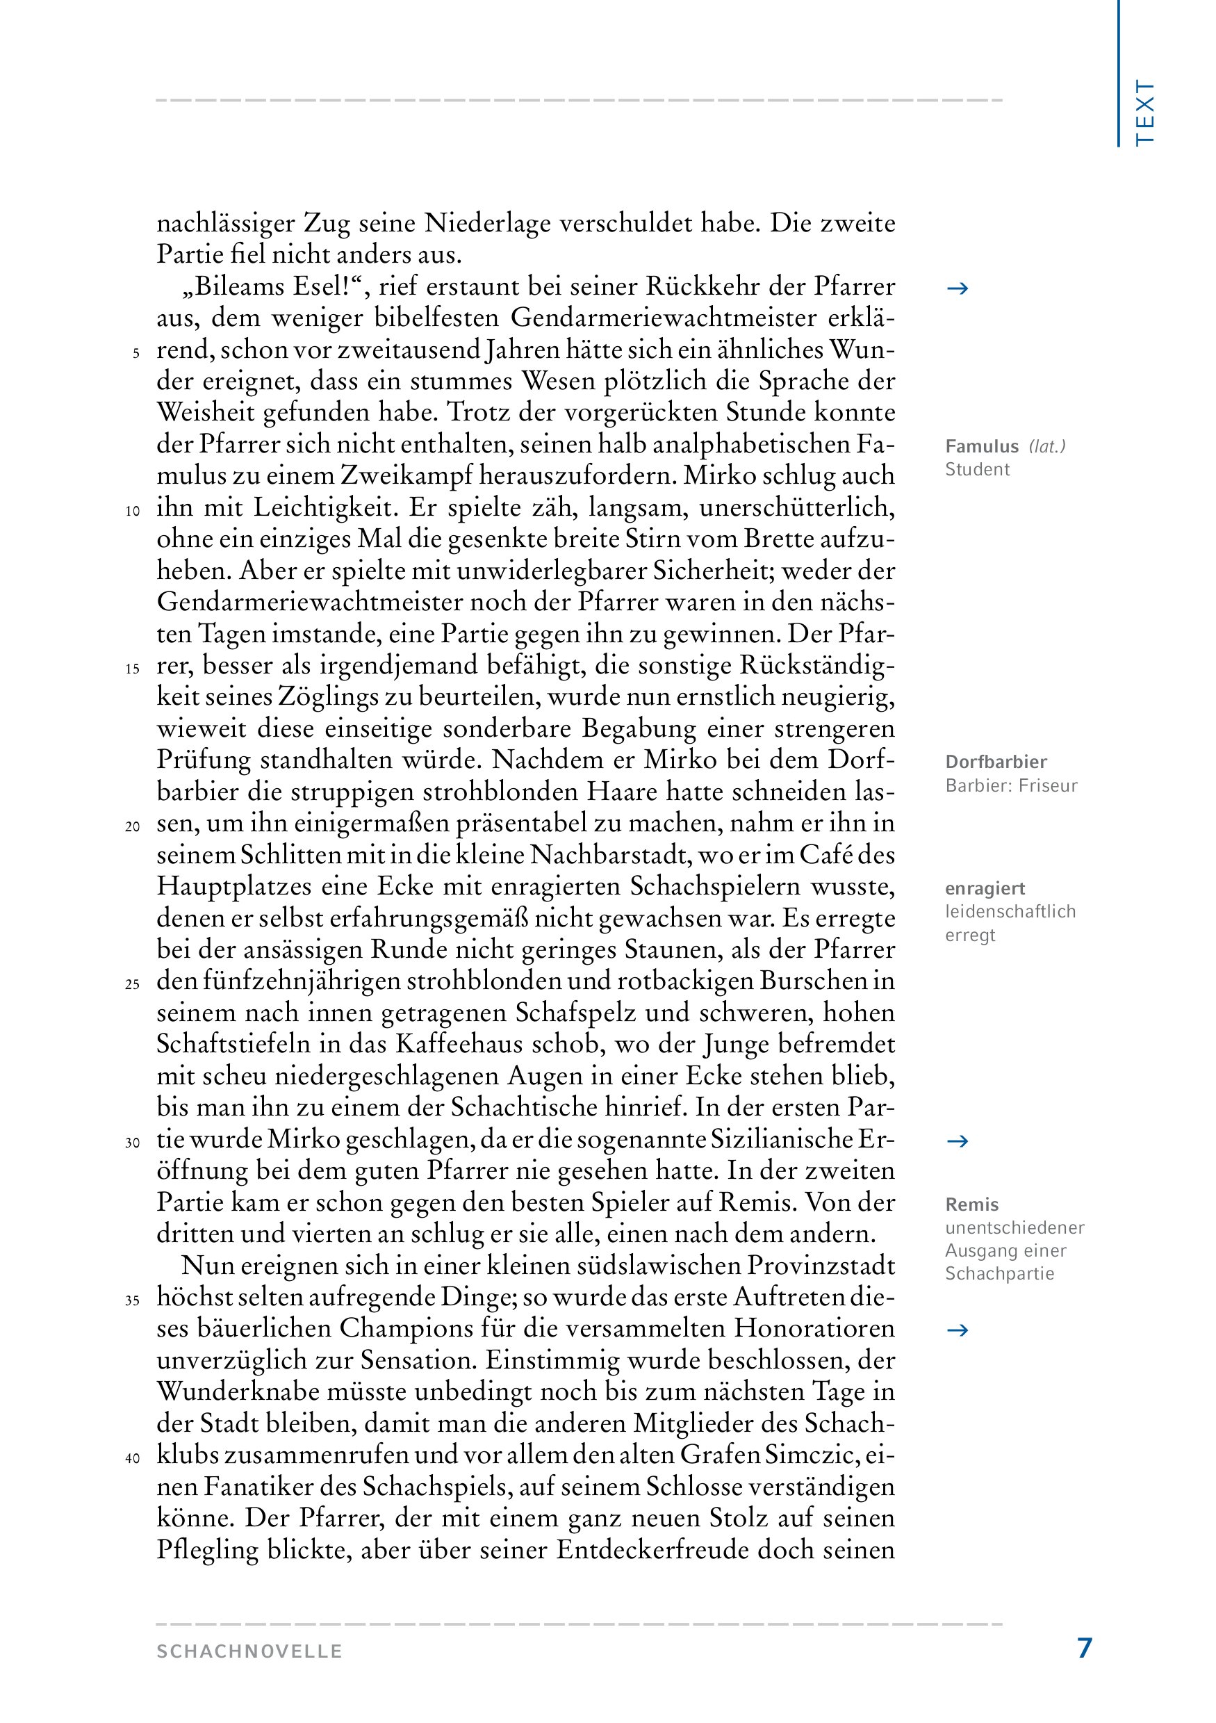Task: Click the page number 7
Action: pos(1084,1648)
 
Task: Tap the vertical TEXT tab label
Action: pos(1144,113)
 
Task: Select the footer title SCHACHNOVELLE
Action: pos(249,1651)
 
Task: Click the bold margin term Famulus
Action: pos(981,446)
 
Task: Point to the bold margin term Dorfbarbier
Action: pos(996,762)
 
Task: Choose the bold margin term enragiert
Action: pos(984,888)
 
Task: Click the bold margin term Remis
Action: pos(971,1205)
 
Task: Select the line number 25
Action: pos(133,985)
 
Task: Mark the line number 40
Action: pos(133,1458)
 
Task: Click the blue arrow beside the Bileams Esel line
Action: pos(958,289)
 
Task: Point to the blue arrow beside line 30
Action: pos(958,1141)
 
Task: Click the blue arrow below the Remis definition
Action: pos(958,1330)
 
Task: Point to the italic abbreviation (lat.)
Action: pos(1047,446)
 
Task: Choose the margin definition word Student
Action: pos(977,470)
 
